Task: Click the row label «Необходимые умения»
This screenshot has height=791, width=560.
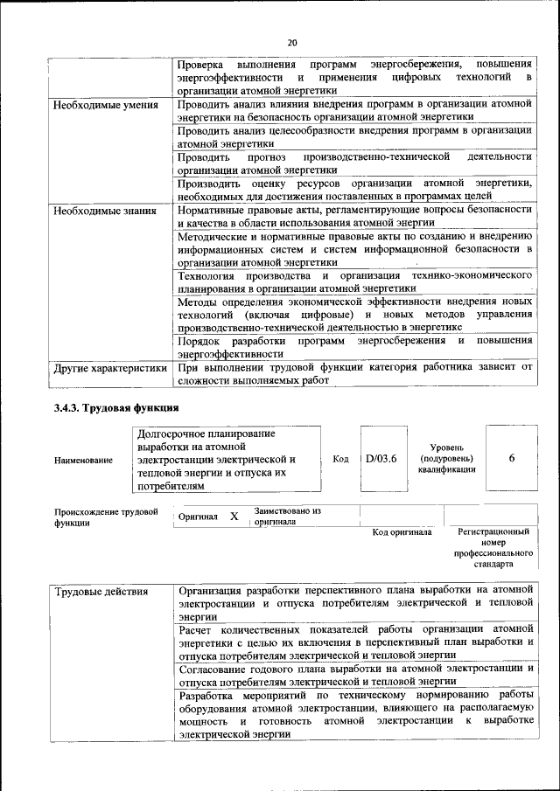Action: [105, 105]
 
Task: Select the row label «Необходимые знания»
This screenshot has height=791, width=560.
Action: [104, 211]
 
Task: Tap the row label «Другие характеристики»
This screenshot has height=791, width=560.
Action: [109, 368]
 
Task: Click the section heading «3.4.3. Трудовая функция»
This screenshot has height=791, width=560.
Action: [116, 408]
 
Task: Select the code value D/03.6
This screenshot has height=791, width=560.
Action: [381, 458]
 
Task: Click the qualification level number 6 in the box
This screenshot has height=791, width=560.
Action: [511, 458]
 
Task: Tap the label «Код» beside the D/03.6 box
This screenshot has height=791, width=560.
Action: [341, 459]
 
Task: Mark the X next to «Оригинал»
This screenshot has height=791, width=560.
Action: [234, 517]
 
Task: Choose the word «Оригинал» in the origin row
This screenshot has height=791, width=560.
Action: [198, 517]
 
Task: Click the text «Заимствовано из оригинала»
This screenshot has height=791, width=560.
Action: [288, 516]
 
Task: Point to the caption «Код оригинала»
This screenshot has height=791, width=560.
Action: [402, 531]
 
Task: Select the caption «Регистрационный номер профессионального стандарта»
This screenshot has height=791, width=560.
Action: [493, 547]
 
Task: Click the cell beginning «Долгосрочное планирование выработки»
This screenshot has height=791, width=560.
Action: [225, 459]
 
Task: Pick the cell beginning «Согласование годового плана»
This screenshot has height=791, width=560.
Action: [354, 675]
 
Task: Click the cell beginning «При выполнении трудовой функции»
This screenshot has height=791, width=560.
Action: [354, 374]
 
